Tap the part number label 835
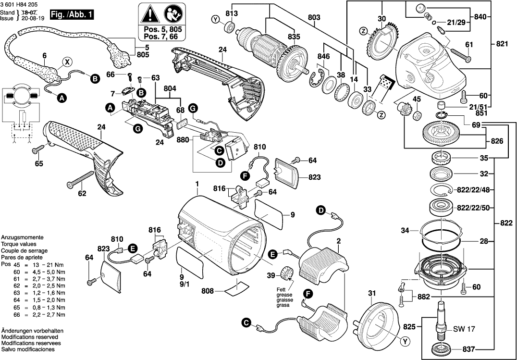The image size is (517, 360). coord(294,37)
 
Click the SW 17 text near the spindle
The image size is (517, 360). coord(464,329)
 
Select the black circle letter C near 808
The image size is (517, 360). coord(246,323)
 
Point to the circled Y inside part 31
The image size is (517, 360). coord(406,342)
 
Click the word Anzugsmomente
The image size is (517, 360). coord(23,238)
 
